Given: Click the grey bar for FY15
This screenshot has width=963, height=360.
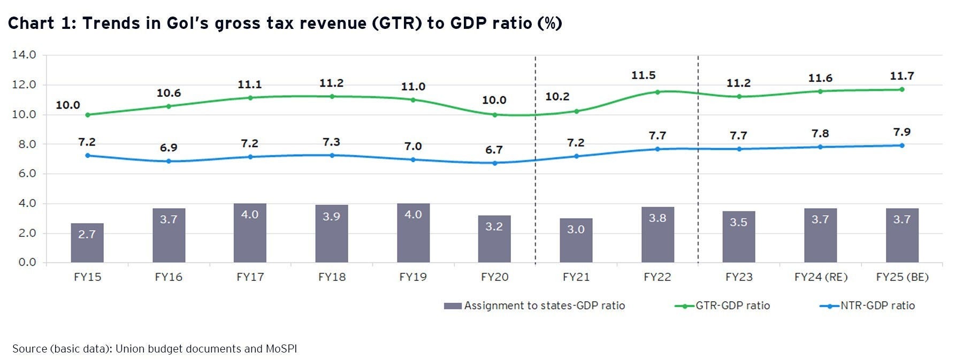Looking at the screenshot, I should point(87,243).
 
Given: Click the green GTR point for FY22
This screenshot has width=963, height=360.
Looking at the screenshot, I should point(658,92).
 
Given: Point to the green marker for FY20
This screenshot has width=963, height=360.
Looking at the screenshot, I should point(494,114).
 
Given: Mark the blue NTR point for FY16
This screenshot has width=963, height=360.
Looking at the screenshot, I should point(169,161).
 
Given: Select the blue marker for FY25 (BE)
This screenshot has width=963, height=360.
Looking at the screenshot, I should point(901,145).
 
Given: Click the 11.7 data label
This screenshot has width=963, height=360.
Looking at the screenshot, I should point(901,76).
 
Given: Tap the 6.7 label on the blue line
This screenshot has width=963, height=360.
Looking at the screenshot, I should point(494,150).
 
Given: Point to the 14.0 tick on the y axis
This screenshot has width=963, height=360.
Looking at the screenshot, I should point(24,55).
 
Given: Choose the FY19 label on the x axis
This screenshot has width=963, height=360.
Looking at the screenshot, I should point(413,277).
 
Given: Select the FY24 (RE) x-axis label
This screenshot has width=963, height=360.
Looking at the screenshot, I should point(821,277).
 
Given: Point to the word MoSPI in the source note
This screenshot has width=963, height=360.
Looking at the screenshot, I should point(281,349).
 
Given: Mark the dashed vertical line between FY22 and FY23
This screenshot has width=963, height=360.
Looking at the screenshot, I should point(698,160).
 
